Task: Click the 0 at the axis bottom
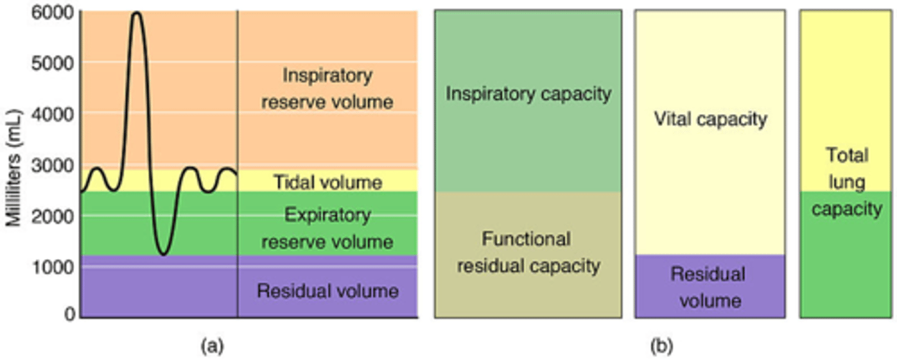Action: click(68, 315)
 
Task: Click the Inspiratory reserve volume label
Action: click(327, 88)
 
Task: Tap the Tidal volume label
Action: click(327, 182)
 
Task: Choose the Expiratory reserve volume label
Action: click(327, 229)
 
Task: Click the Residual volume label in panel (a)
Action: click(327, 291)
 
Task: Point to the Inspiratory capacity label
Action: click(528, 94)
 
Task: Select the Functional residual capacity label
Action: click(528, 252)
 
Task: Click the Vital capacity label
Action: click(710, 119)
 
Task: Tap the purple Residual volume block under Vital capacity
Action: click(710, 287)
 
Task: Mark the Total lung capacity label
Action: click(847, 182)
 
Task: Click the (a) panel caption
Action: click(211, 344)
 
